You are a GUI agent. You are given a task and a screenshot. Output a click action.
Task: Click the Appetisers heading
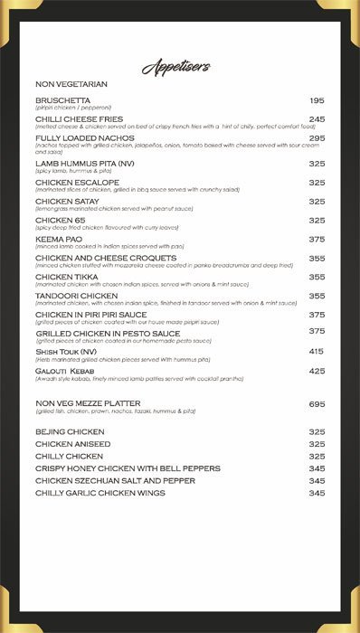coord(176,66)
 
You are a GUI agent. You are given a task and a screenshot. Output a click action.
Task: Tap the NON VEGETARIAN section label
coord(71,84)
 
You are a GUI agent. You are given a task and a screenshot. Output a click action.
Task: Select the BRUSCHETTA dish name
coord(62,100)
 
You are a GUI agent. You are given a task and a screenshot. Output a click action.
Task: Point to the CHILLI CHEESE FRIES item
coord(79,119)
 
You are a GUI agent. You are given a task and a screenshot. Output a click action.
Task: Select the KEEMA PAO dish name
coord(60,240)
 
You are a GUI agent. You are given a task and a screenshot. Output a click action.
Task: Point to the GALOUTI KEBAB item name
coord(66,371)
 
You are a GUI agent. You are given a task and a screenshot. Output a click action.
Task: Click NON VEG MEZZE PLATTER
coord(88,403)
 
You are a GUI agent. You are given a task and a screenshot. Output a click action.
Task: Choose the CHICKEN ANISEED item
coord(73,444)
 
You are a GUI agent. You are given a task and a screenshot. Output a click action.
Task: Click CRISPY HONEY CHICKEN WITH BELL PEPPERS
coord(128,468)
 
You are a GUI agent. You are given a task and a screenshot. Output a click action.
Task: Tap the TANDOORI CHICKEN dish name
coord(77,296)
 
